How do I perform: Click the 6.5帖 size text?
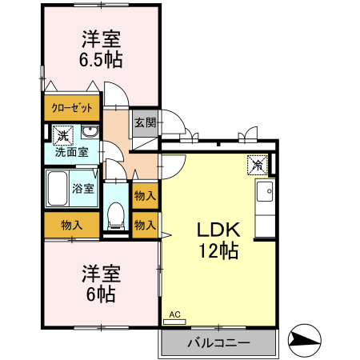pyautogui.click(x=100, y=59)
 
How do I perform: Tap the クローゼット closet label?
pyautogui.click(x=72, y=108)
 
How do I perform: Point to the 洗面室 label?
pyautogui.click(x=71, y=151)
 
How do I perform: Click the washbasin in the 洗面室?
pyautogui.click(x=90, y=134)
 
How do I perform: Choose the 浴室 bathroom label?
pyautogui.click(x=84, y=190)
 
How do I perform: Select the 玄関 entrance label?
pyautogui.click(x=145, y=123)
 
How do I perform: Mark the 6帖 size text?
pyautogui.click(x=101, y=294)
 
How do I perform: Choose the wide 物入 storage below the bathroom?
pyautogui.click(x=72, y=225)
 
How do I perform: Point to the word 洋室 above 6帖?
pyautogui.click(x=101, y=273)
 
